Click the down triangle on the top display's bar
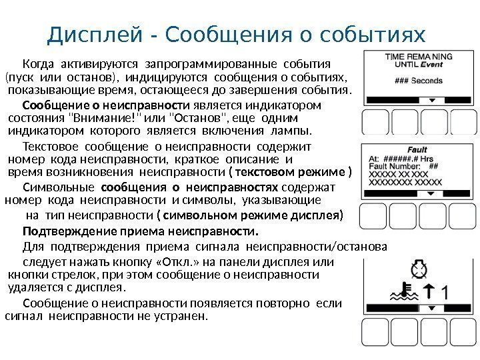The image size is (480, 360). click(431, 101)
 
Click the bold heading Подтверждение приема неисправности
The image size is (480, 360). click(140, 233)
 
